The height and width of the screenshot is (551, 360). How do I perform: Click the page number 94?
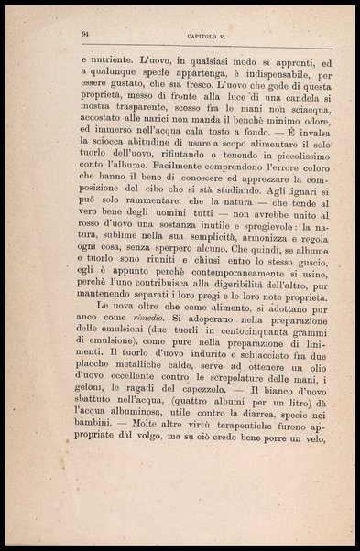[x=84, y=34]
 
